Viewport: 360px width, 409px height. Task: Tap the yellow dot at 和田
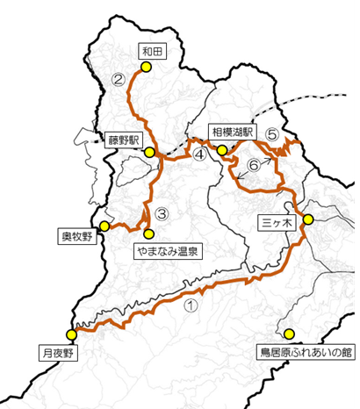pos(147,67)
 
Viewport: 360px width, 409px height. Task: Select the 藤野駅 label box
pos(126,139)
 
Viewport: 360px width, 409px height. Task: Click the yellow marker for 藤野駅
pos(150,153)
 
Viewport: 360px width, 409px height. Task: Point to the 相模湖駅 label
pos(232,133)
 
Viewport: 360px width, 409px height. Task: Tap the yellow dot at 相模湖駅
pos(222,150)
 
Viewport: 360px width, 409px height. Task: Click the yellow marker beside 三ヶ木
pos(308,219)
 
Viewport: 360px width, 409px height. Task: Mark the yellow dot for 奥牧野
pos(104,226)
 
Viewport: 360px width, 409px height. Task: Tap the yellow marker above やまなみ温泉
pos(148,233)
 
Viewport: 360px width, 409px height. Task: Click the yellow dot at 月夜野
pos(71,334)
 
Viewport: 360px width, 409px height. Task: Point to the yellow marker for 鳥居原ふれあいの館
pos(289,334)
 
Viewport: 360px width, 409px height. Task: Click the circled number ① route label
pos(192,307)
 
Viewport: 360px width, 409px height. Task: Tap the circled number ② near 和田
pos(119,82)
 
